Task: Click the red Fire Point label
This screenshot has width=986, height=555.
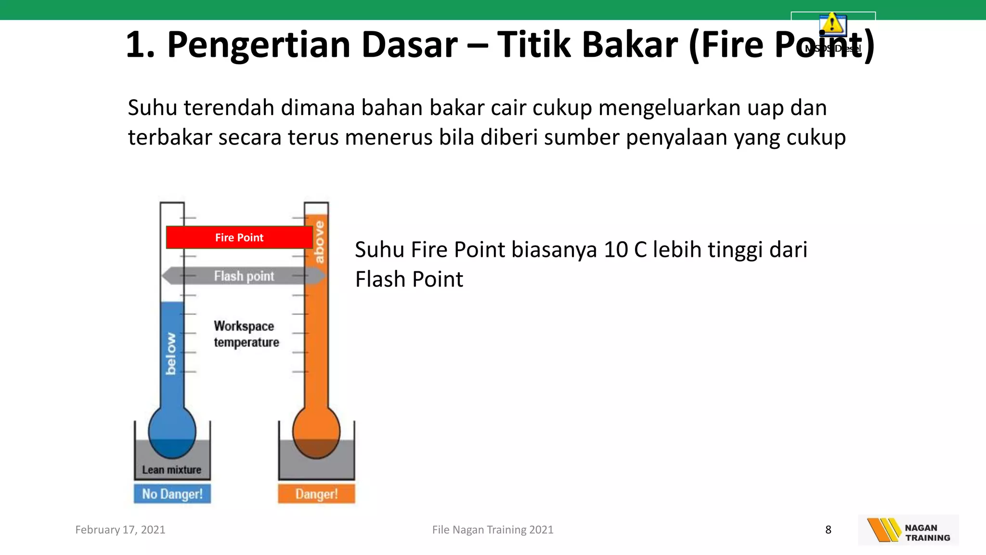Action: [239, 238]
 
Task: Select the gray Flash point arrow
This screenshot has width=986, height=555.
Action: [244, 276]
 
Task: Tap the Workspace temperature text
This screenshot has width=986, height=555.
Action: [246, 334]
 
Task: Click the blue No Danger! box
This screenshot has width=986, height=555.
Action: [172, 494]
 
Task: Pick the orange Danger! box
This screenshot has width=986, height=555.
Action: [316, 494]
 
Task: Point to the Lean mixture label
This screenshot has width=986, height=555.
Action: [171, 470]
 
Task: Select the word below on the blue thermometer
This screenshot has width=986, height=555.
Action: [171, 353]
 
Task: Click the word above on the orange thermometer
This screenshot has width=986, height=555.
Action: [319, 242]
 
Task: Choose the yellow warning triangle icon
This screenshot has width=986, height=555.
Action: [832, 24]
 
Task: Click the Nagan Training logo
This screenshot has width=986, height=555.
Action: [908, 530]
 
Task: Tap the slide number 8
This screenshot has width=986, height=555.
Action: [828, 530]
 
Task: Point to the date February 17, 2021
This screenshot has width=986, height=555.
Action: [120, 530]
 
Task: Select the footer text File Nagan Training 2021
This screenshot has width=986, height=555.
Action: [493, 530]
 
